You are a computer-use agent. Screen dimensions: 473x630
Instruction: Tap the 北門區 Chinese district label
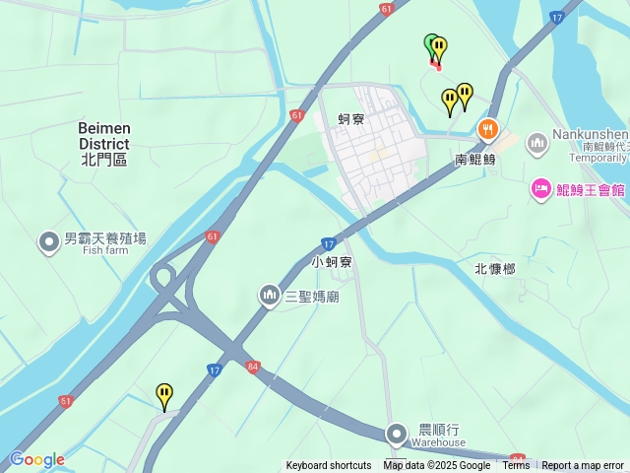(x=104, y=159)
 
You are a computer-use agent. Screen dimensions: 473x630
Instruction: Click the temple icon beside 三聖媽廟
(x=269, y=295)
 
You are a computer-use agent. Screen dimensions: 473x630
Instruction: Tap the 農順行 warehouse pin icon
(x=397, y=434)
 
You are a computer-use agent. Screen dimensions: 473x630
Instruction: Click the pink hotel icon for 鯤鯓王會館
(x=540, y=188)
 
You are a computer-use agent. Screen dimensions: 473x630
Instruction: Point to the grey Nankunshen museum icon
(x=537, y=144)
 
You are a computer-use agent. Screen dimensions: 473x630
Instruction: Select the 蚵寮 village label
(x=351, y=119)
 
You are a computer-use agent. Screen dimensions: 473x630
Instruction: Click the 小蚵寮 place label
(x=332, y=263)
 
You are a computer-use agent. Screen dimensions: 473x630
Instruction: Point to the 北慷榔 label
(x=494, y=269)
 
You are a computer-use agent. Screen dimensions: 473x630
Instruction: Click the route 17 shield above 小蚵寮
(x=328, y=243)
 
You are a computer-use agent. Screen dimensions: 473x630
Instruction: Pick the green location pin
(x=431, y=44)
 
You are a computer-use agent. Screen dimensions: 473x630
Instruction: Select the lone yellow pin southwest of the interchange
(x=164, y=396)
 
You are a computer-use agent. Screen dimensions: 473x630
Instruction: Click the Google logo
(x=36, y=459)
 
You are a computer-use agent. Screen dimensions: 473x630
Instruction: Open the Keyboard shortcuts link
(x=329, y=466)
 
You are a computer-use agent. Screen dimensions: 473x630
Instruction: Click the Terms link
(x=516, y=466)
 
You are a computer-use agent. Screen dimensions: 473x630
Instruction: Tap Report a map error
(x=583, y=466)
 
